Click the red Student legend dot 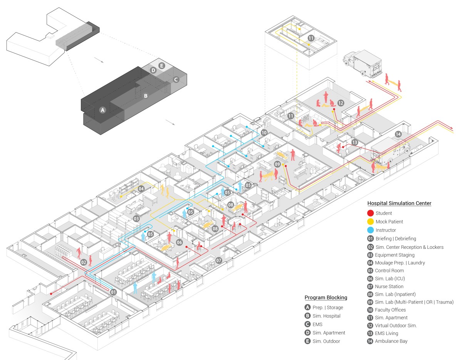370,213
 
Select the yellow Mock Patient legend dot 370,222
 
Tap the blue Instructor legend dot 370,230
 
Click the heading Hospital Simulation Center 399,203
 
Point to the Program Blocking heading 326,298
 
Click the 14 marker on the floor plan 398,134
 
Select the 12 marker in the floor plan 341,103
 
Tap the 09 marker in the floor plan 277,164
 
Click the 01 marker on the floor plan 113,292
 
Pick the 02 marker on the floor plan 84,263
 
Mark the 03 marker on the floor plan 136,218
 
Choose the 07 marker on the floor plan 219,260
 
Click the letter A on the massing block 103,110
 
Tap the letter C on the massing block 176,80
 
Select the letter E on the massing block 162,66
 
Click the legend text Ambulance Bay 391,341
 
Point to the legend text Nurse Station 389,286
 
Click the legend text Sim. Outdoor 326,341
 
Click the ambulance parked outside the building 363,63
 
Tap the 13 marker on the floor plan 355,142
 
